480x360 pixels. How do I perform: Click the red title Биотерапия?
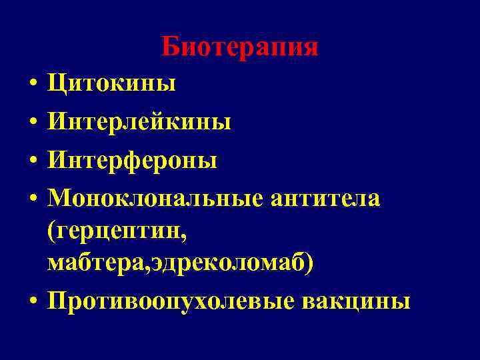[x=239, y=47]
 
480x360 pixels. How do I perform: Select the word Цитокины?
[x=111, y=84]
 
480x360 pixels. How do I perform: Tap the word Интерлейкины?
[x=139, y=122]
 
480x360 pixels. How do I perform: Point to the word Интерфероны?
[x=132, y=161]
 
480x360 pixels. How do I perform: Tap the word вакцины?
[x=357, y=301]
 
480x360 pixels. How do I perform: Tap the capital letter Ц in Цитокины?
[x=56, y=84]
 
